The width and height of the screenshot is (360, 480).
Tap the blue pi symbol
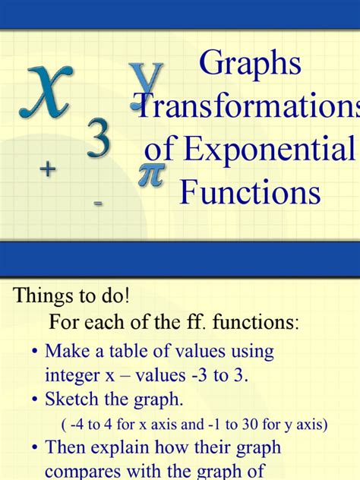point(149,175)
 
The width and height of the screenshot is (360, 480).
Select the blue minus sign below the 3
point(99,203)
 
